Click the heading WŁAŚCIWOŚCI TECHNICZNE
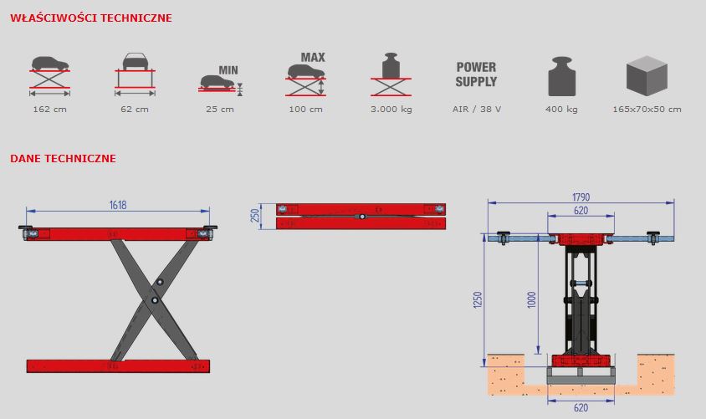tap(91, 17)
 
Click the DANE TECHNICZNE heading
tap(63, 158)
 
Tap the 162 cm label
tap(49, 110)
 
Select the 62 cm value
tap(135, 110)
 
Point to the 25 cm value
tap(220, 110)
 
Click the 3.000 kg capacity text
tap(391, 110)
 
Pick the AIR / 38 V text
tap(476, 110)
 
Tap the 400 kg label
tap(561, 110)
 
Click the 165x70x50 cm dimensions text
tap(647, 110)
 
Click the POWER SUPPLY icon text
tap(476, 74)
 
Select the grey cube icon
tap(647, 75)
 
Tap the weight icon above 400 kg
tap(562, 76)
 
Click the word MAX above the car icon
tap(313, 58)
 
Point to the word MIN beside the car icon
tap(228, 70)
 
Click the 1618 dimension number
tap(118, 205)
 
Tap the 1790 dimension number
tap(581, 197)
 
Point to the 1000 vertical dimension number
tap(530, 300)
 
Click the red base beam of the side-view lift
tap(118, 365)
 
